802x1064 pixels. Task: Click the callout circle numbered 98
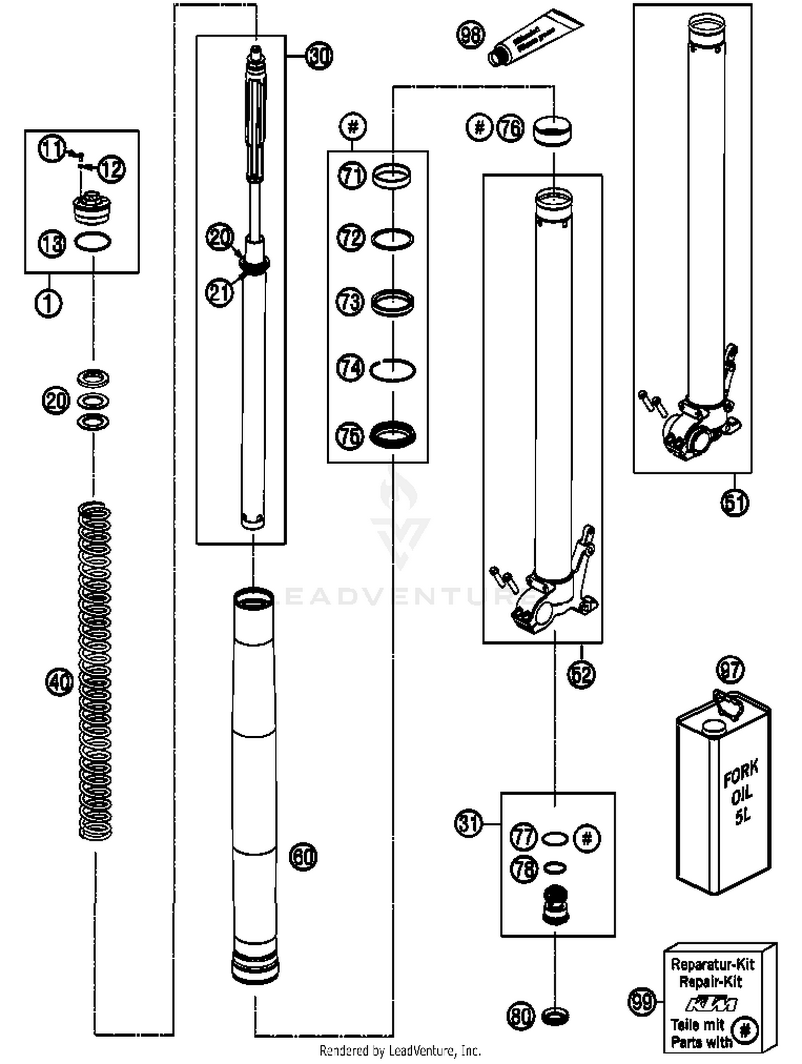pyautogui.click(x=470, y=35)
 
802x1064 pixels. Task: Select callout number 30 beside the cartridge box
pyautogui.click(x=319, y=56)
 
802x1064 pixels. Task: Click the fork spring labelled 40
pyautogui.click(x=95, y=668)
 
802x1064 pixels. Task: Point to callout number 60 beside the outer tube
pyautogui.click(x=303, y=856)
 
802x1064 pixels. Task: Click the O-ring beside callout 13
pyautogui.click(x=92, y=242)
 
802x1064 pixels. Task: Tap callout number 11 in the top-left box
pyautogui.click(x=52, y=148)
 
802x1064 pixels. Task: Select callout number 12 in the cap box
pyautogui.click(x=112, y=169)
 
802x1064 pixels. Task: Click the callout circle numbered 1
pyautogui.click(x=48, y=303)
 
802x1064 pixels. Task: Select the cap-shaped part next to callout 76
pyautogui.click(x=552, y=131)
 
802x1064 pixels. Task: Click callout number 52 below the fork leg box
pyautogui.click(x=581, y=674)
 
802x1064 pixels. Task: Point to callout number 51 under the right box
pyautogui.click(x=735, y=503)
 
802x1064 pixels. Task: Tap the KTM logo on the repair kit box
pyautogui.click(x=711, y=1004)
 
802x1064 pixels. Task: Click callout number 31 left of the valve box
pyautogui.click(x=469, y=823)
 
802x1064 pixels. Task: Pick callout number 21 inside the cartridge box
pyautogui.click(x=220, y=292)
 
